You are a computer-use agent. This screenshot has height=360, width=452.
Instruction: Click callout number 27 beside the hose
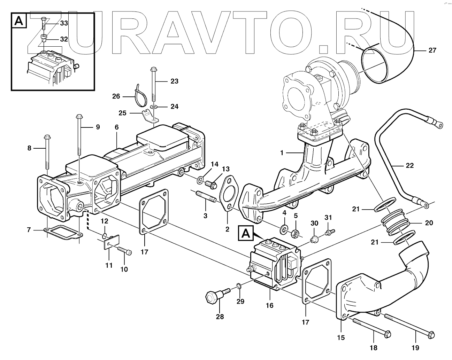(x=432, y=50)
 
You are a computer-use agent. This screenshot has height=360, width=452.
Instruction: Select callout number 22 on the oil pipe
(x=409, y=165)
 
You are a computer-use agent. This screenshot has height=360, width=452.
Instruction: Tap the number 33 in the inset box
(x=64, y=24)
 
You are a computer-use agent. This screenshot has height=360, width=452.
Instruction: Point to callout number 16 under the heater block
(x=269, y=305)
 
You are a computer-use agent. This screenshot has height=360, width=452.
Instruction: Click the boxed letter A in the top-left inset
(x=20, y=21)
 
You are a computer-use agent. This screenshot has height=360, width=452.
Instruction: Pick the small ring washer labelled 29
(x=238, y=287)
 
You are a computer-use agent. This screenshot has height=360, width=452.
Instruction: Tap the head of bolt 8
(x=47, y=137)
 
